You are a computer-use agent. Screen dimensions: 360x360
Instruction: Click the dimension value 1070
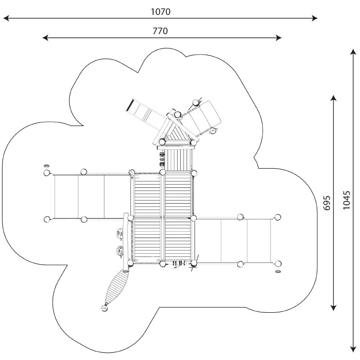click(161, 12)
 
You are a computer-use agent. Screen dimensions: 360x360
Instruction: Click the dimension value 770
click(160, 31)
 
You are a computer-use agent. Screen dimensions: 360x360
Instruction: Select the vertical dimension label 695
click(327, 203)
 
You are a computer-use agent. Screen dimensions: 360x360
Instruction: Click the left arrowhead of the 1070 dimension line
click(6, 18)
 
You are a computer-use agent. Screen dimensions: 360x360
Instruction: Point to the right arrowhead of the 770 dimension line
click(279, 38)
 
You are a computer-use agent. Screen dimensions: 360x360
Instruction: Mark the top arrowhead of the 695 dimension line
click(333, 98)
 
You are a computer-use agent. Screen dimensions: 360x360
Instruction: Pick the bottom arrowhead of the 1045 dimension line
click(353, 349)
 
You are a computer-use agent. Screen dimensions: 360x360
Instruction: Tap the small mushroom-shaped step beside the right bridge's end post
click(278, 271)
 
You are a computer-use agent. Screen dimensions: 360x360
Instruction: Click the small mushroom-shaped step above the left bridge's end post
click(47, 166)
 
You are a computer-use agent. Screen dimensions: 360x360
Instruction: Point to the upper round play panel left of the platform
click(120, 233)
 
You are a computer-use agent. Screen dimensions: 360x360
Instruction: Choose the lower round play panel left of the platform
click(120, 251)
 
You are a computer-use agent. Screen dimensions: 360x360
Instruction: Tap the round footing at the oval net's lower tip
click(105, 308)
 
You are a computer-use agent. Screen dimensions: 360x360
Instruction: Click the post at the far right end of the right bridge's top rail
click(278, 217)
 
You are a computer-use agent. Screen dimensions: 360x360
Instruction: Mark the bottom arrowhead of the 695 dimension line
click(333, 308)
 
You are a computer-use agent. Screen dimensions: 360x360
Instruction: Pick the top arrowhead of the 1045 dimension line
click(353, 52)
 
